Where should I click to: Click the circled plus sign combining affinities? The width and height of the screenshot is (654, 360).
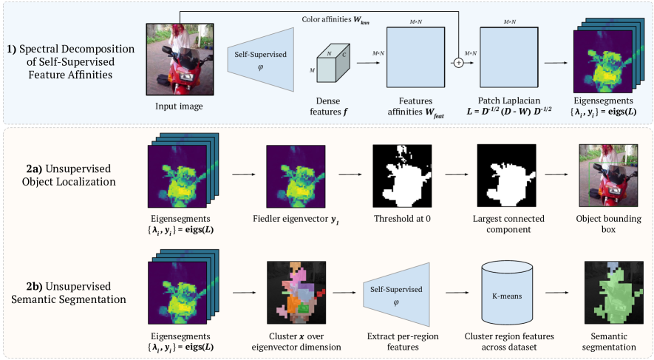point(460,63)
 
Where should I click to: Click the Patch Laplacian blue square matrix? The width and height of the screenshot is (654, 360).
point(507,59)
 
